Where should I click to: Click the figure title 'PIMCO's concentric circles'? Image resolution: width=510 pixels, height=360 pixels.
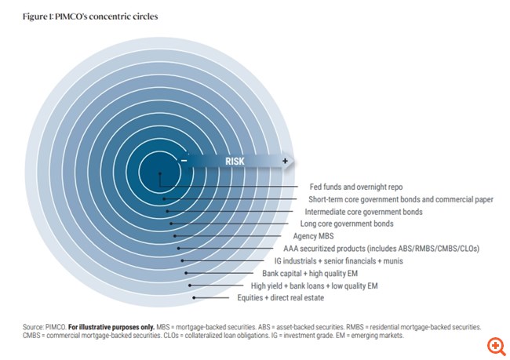[x=91, y=16]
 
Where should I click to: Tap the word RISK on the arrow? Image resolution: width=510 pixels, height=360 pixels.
[x=235, y=161]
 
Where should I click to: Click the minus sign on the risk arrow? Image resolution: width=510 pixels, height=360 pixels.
[x=184, y=161]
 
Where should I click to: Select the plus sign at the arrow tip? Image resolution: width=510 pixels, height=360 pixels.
[x=285, y=161]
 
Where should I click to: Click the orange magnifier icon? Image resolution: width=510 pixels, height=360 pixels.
[x=495, y=345]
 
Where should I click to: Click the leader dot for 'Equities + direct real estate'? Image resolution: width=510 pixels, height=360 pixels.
[x=194, y=298]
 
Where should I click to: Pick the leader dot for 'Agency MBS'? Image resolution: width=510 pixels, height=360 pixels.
[x=174, y=236]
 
